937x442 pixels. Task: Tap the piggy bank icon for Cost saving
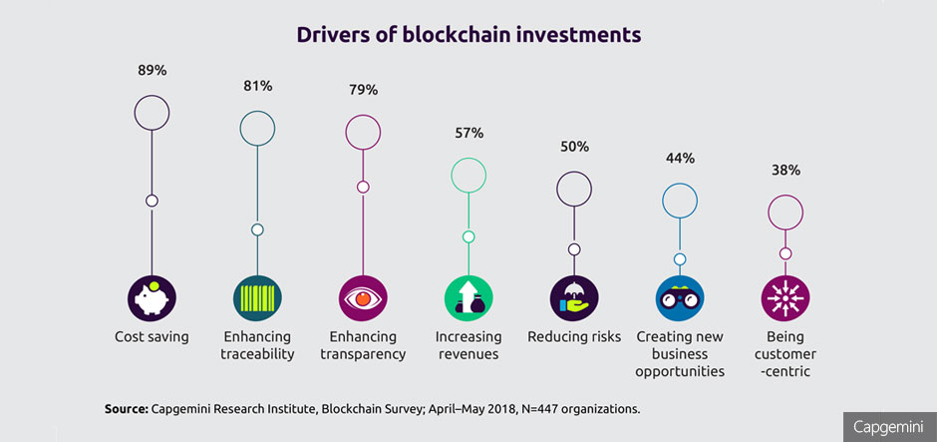tap(152, 297)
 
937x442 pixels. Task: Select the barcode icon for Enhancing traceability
tap(257, 297)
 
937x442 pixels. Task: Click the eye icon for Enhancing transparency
tap(363, 297)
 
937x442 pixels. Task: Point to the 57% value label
tap(468, 133)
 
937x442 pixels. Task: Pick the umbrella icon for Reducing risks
tap(574, 297)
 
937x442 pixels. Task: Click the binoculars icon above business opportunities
tap(680, 297)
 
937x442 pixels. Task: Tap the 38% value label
tap(785, 170)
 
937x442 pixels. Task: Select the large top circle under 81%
tap(257, 128)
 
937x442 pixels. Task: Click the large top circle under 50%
tap(574, 189)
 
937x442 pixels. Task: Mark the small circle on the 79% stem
tap(363, 188)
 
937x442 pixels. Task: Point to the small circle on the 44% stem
tap(680, 259)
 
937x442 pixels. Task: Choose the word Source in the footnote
tap(125, 409)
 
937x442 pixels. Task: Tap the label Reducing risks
tap(574, 336)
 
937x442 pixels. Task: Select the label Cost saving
tap(152, 336)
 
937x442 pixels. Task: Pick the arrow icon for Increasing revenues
tap(468, 297)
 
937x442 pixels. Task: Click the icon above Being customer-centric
tap(785, 297)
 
